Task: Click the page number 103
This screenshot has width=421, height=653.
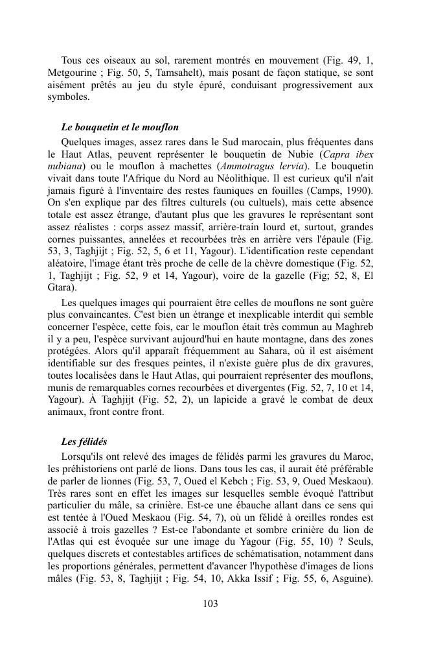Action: [x=210, y=604]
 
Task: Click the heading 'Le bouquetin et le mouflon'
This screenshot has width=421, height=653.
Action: [x=119, y=127]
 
